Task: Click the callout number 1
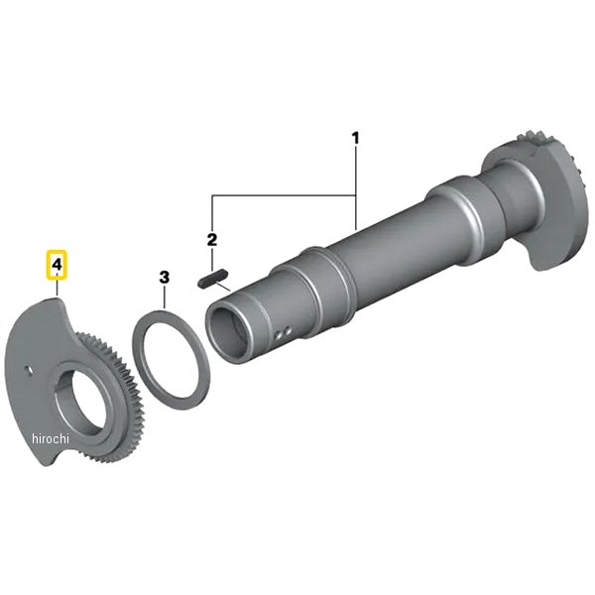pyautogui.click(x=356, y=138)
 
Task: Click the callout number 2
pyautogui.click(x=212, y=239)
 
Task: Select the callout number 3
pyautogui.click(x=164, y=278)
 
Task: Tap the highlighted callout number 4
pyautogui.click(x=57, y=265)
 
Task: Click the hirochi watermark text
pyautogui.click(x=51, y=438)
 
